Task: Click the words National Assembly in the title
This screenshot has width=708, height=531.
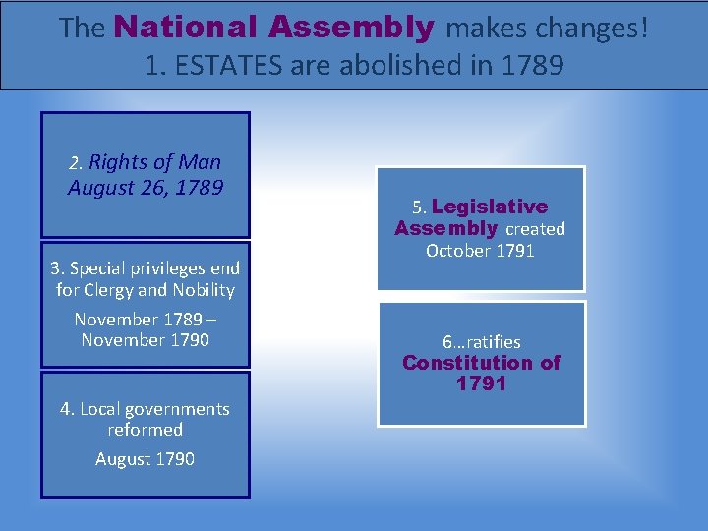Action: (x=273, y=28)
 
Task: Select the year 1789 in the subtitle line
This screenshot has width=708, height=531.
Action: (x=532, y=66)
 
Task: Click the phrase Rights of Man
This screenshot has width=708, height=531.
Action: (x=155, y=162)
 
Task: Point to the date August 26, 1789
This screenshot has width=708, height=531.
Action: (x=146, y=187)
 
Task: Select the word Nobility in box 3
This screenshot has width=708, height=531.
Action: (x=204, y=290)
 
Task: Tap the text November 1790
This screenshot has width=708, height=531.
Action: (x=145, y=340)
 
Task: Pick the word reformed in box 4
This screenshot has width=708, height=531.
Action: (x=146, y=430)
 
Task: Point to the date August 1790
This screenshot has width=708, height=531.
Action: (x=145, y=459)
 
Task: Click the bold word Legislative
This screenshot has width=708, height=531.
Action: (x=490, y=206)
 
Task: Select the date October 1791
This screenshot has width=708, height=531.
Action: (x=480, y=251)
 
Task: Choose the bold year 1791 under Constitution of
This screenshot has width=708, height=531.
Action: (x=481, y=383)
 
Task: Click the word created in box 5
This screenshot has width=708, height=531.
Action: (x=535, y=229)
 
